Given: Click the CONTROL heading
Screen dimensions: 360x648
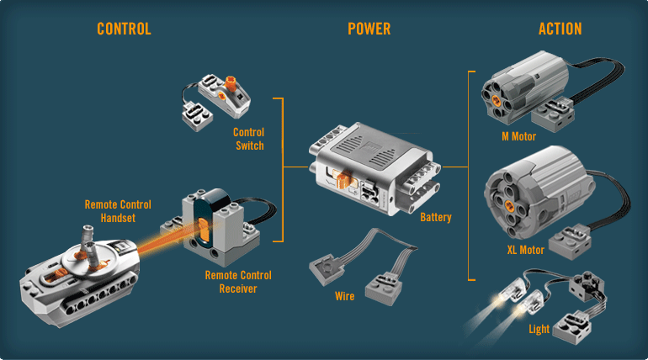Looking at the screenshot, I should tap(124, 29).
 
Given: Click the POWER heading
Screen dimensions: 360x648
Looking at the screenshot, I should tap(369, 29).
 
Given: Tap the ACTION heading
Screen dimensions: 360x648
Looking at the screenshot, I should tap(560, 29).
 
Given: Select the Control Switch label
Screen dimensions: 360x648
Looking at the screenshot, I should tap(248, 139).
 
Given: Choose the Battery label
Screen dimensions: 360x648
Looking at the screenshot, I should tap(436, 218).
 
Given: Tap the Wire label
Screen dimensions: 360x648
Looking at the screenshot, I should tap(344, 296).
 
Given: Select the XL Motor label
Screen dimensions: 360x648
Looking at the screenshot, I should tap(526, 250).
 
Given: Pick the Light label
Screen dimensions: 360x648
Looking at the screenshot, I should tap(539, 329).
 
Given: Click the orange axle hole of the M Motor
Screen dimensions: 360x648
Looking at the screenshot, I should tap(497, 89).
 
